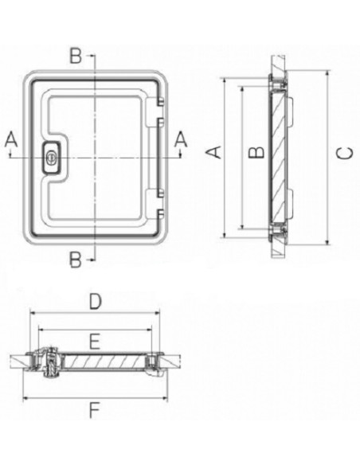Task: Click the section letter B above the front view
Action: pyautogui.click(x=75, y=55)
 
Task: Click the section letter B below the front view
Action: pyautogui.click(x=75, y=259)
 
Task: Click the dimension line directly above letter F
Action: pyautogui.click(x=94, y=396)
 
